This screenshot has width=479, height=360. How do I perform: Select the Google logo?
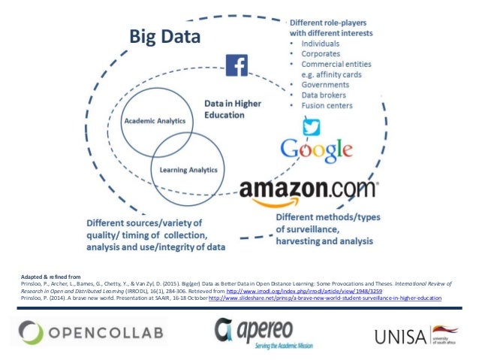pyautogui.click(x=315, y=148)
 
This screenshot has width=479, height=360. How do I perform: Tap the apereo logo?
pyautogui.click(x=256, y=331)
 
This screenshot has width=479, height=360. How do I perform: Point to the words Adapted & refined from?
pyautogui.click(x=43, y=276)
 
